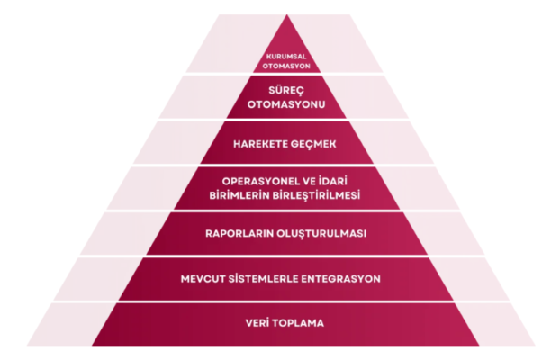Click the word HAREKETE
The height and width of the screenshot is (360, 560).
[260, 143]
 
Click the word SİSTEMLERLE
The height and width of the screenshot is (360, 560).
[276, 279]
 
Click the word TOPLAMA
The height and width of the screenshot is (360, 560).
[300, 323]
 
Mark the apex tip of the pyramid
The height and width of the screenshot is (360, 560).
[287, 14]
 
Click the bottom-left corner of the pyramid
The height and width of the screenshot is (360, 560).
[92, 346]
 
